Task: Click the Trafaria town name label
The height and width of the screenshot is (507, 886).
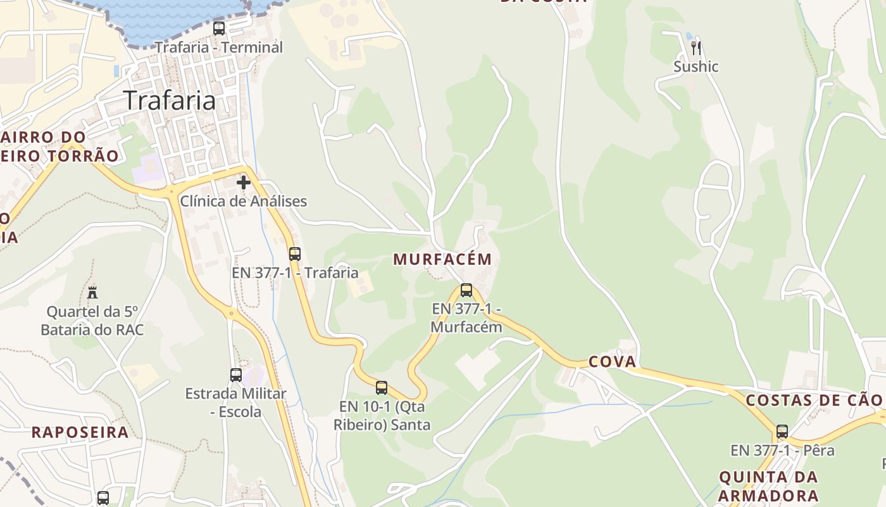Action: tap(169, 100)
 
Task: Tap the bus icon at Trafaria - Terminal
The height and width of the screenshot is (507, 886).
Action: tap(219, 29)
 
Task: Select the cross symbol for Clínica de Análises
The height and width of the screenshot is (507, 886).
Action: tap(244, 183)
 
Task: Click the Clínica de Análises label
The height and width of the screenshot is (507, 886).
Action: tap(244, 202)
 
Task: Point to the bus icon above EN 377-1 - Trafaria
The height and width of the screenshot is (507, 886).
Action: tap(295, 254)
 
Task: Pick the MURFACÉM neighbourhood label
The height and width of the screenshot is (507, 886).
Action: tap(442, 259)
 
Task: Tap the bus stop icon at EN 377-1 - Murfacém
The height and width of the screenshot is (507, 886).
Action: tap(466, 290)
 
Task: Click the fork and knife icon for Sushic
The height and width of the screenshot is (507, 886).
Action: tap(696, 48)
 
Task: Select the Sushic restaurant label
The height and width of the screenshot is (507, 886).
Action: tap(696, 67)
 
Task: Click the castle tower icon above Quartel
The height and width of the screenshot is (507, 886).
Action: tap(93, 292)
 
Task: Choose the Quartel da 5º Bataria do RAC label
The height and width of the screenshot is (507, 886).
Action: tap(92, 321)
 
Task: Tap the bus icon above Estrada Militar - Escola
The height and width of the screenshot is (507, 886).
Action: tap(236, 375)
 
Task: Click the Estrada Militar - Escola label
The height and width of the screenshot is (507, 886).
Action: tap(235, 402)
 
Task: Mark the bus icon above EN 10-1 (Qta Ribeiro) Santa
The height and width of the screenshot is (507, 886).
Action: tap(382, 387)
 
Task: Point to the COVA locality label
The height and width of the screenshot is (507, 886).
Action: tap(612, 362)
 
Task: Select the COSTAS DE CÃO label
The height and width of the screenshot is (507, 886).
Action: tap(814, 401)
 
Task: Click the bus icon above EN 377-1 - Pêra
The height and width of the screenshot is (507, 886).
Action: tap(782, 432)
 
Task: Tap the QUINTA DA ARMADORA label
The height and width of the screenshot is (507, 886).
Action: tap(768, 486)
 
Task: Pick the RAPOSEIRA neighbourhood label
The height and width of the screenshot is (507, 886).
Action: tap(80, 433)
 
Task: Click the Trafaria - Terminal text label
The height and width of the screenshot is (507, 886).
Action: tap(219, 48)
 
